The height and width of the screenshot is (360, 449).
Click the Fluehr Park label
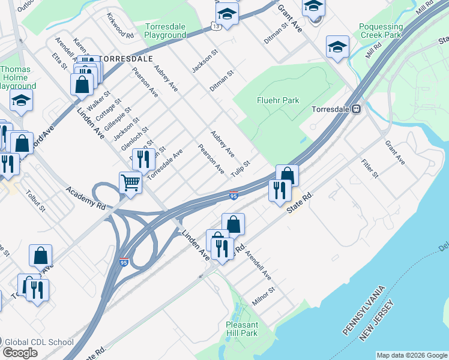[x=277, y=100]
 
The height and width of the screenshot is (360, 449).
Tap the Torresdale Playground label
[x=166, y=31]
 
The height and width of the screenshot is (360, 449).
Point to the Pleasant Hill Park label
[x=241, y=329]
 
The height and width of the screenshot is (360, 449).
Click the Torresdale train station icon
[x=356, y=110]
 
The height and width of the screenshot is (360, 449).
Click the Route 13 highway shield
[x=214, y=25]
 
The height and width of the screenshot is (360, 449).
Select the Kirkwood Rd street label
[x=120, y=26]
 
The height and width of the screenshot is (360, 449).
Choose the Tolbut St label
[x=35, y=201]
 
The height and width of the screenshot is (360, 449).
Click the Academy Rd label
[x=86, y=197]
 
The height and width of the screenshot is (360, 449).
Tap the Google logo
[x=20, y=353]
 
